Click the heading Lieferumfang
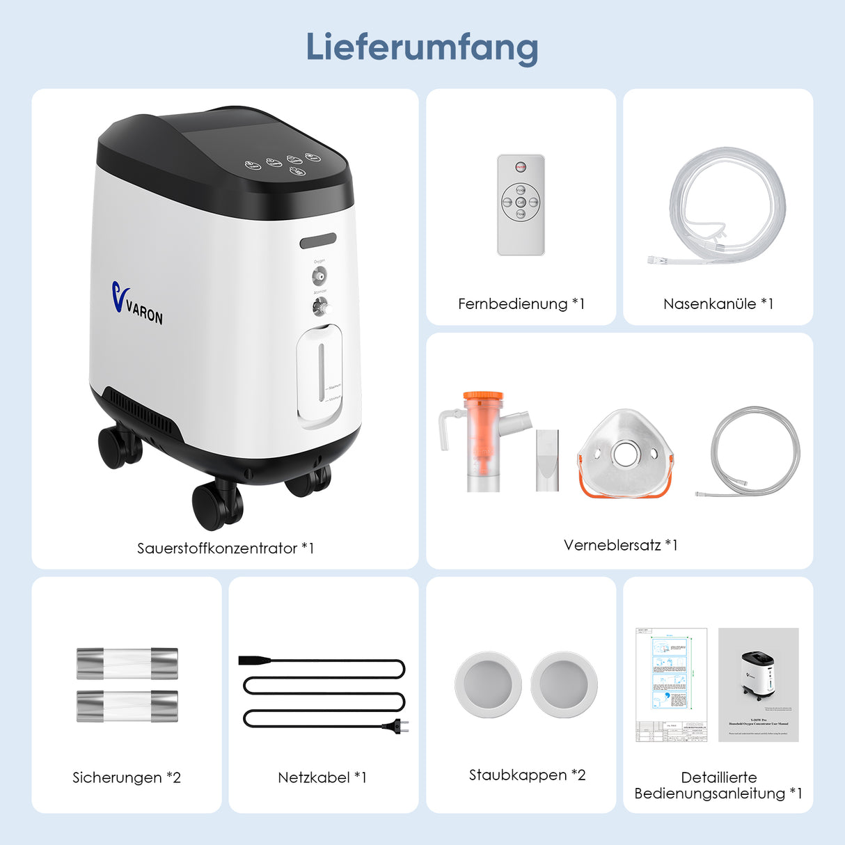pos(422,47)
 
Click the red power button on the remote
pos(521,167)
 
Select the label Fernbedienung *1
pos(521,303)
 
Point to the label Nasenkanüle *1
pos(718,303)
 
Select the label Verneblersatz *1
pos(620,545)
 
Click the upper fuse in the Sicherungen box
pos(127,663)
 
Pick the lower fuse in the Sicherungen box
pos(127,705)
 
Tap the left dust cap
pos(488,684)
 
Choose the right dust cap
pos(564,684)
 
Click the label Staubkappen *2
pos(527,775)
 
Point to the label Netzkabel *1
pos(322,777)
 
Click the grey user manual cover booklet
pos(758,684)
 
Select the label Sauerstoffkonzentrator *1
pos(226,548)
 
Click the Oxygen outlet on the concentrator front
pos(319,276)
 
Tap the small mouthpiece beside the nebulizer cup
pos(547,460)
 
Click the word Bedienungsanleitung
pos(709,793)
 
